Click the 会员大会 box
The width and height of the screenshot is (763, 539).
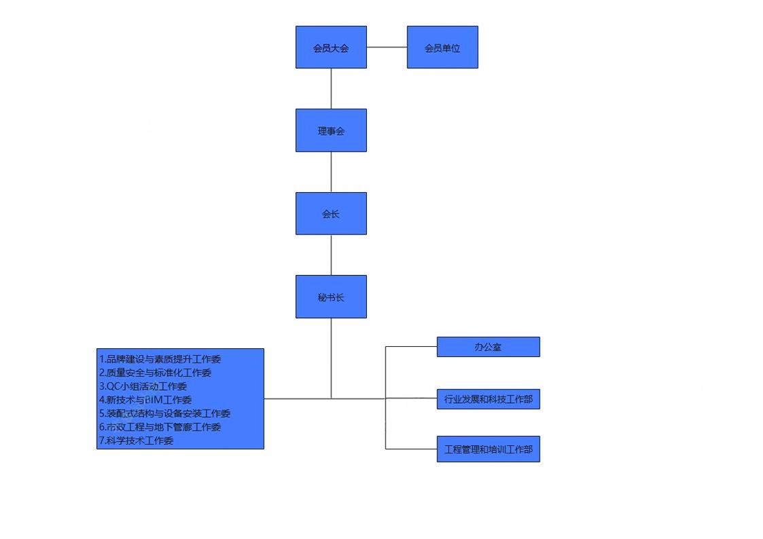pyautogui.click(x=331, y=48)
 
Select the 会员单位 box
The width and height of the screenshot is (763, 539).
pyautogui.click(x=442, y=48)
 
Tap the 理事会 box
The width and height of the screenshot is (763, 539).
pyautogui.click(x=331, y=130)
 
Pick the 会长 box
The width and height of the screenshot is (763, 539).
pyautogui.click(x=331, y=214)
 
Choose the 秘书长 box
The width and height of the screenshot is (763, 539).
pyautogui.click(x=331, y=297)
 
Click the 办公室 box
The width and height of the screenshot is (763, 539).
pyautogui.click(x=488, y=347)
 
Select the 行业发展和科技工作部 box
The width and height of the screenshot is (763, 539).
pyautogui.click(x=488, y=399)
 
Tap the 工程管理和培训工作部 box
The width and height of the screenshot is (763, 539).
pyautogui.click(x=488, y=449)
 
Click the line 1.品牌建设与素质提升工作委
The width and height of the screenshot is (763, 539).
pyautogui.click(x=160, y=359)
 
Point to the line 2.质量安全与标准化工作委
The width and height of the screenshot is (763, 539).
pyautogui.click(x=156, y=373)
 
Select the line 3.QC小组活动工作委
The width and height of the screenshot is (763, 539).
pyautogui.click(x=143, y=386)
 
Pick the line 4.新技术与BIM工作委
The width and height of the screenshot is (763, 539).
pyautogui.click(x=145, y=400)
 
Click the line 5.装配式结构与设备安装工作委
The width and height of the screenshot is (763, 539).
pyautogui.click(x=165, y=413)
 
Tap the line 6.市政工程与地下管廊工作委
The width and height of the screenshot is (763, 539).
pyautogui.click(x=160, y=427)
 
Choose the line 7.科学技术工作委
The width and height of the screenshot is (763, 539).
pyautogui.click(x=137, y=441)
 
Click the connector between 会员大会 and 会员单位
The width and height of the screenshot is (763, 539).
pyautogui.click(x=387, y=48)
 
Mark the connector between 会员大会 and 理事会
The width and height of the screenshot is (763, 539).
pyautogui.click(x=331, y=88)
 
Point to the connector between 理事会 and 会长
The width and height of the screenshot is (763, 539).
pyautogui.click(x=331, y=172)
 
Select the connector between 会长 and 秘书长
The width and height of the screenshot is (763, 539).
pyautogui.click(x=331, y=255)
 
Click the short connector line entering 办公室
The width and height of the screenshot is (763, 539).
pyautogui.click(x=411, y=347)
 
